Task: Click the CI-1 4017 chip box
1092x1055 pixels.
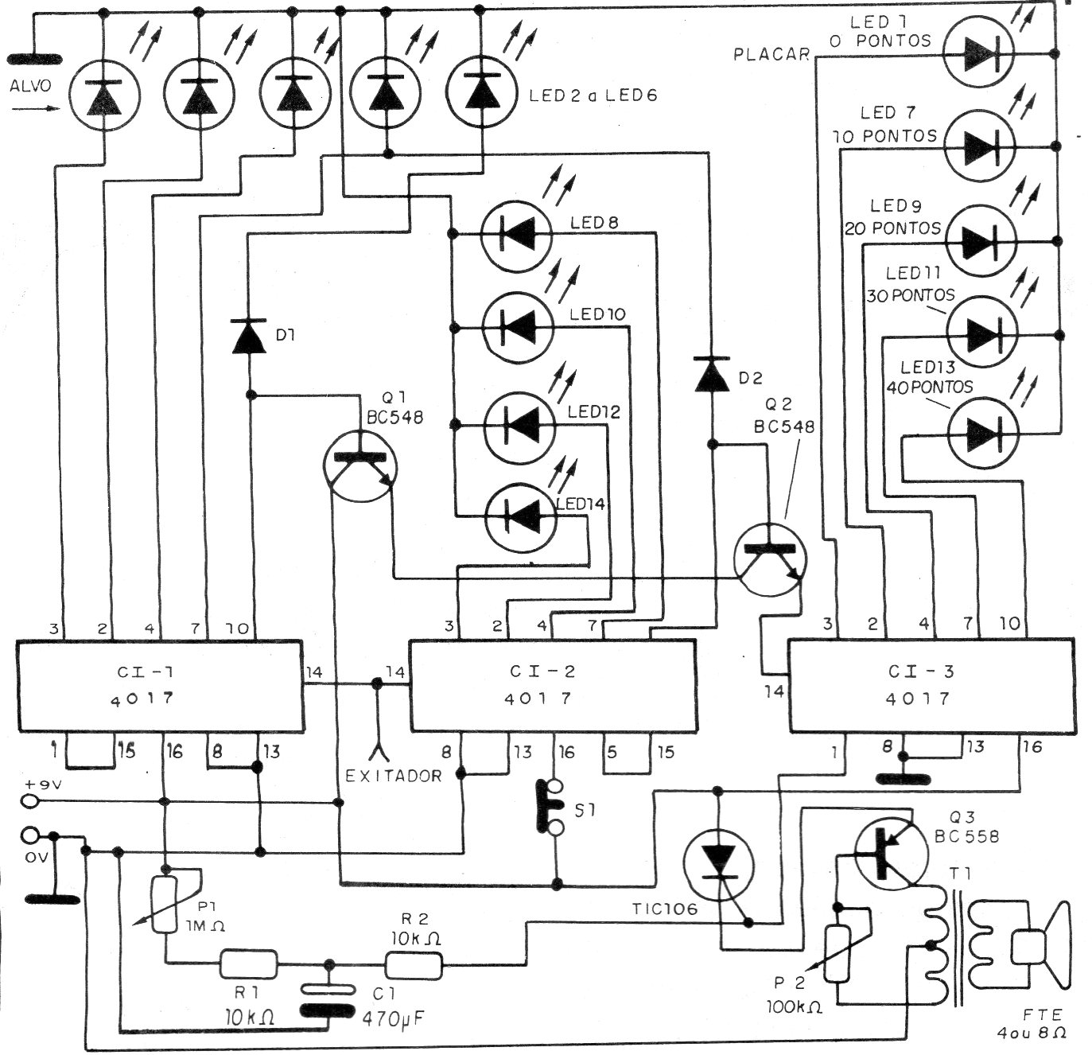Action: pyautogui.click(x=160, y=684)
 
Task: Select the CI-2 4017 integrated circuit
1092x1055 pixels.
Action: pyautogui.click(x=554, y=684)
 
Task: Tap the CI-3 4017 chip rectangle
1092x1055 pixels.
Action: pyautogui.click(x=931, y=684)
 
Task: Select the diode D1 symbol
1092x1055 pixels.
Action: pyautogui.click(x=250, y=335)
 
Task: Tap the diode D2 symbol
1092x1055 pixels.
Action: pyautogui.click(x=713, y=373)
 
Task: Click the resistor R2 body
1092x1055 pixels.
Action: pyautogui.click(x=414, y=965)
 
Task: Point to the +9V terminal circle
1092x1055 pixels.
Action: pyautogui.click(x=31, y=801)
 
